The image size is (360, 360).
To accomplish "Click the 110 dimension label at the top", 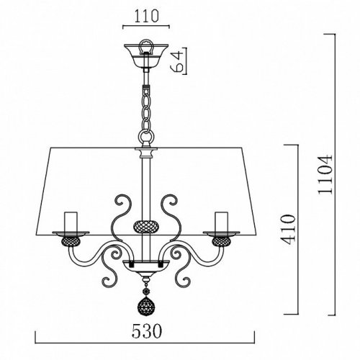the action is pos(146,17).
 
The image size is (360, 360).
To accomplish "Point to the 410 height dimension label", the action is pos(288,230).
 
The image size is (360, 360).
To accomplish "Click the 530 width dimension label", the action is pos(147,331).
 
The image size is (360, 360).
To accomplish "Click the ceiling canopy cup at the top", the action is pos(146,55).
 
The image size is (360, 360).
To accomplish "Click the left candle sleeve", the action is pos(71,222).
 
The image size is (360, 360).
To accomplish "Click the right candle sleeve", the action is pos(221,222).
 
